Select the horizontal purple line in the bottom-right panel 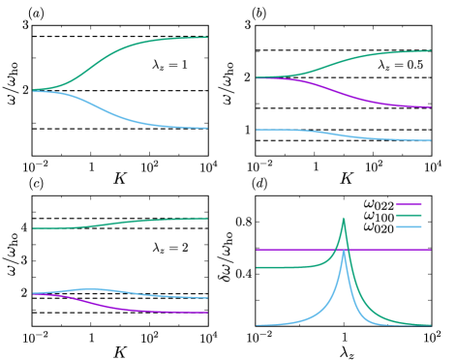coord(290,250)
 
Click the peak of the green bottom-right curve coord(344,219)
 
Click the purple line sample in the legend coord(408,204)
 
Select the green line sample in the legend coord(408,215)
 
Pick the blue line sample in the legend coord(408,226)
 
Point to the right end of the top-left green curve coord(207,38)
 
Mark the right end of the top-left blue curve coord(207,128)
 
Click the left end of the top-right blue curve coord(257,130)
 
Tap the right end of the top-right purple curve coord(431,106)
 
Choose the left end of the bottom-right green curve coord(257,267)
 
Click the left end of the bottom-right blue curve coord(257,325)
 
